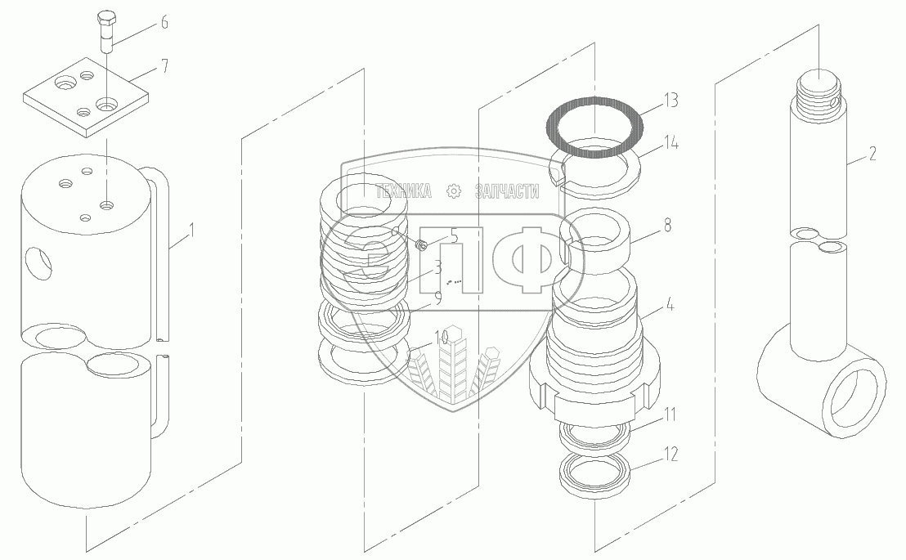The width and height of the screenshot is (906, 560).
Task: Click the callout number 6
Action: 164,23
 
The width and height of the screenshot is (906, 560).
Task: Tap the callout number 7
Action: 164,66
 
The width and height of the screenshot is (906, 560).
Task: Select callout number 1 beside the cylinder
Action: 192,231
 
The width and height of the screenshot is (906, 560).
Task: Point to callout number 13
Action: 671,101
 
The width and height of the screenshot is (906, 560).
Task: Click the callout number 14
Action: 671,142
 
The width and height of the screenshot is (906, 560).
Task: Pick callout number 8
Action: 668,225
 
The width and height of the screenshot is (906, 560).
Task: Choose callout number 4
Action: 670,304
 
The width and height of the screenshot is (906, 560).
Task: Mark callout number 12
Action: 670,455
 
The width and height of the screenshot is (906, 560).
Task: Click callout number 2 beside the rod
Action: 872,153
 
